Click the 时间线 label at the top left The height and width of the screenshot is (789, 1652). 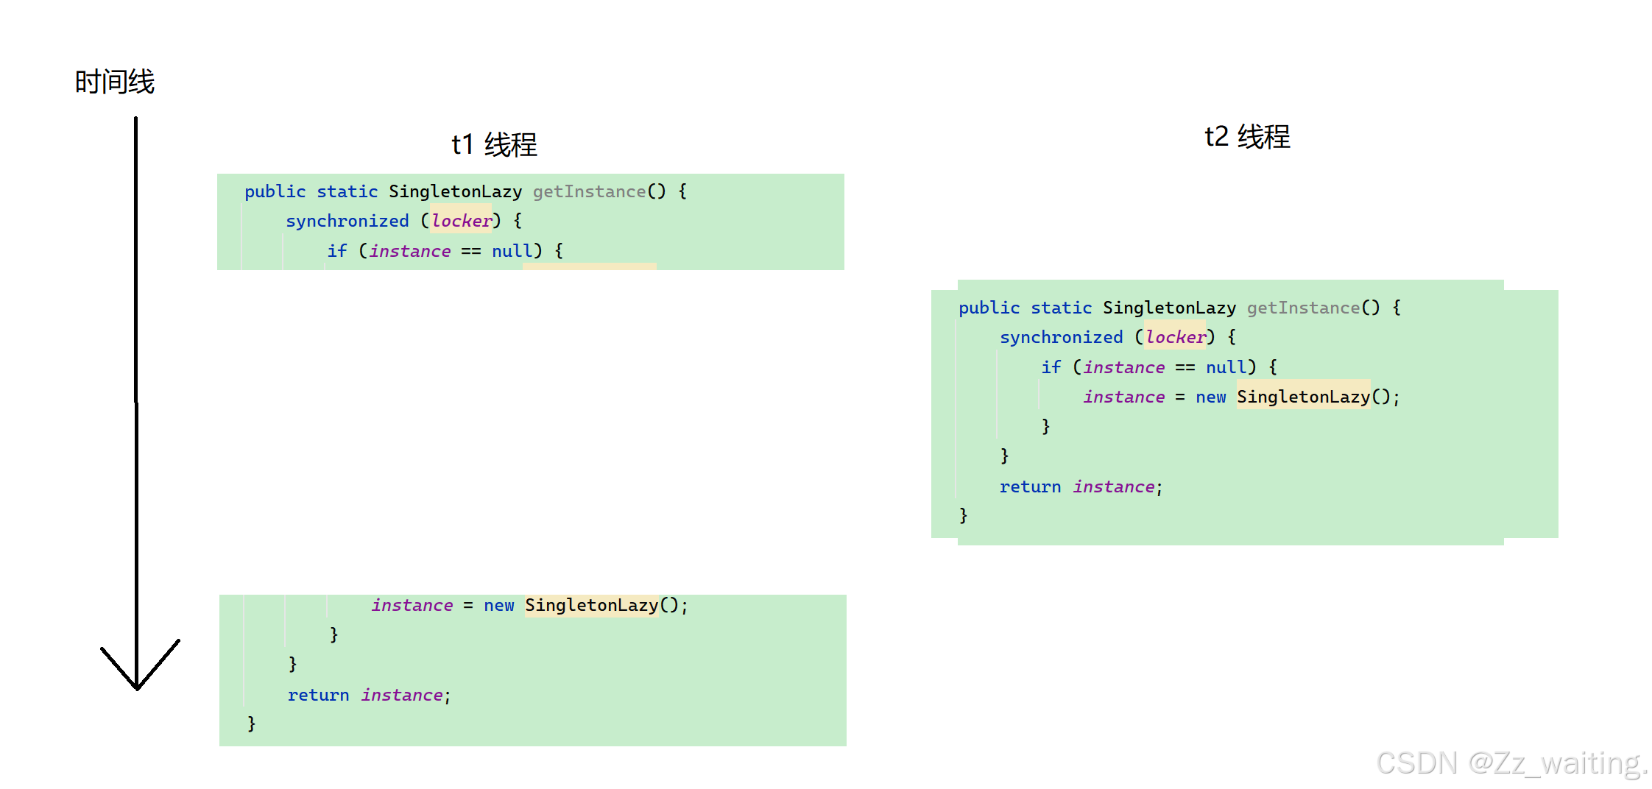pyautogui.click(x=115, y=82)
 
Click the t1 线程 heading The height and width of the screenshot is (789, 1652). pyautogui.click(x=494, y=144)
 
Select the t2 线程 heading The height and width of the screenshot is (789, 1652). pyautogui.click(x=1247, y=137)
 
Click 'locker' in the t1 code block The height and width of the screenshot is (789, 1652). pyautogui.click(x=462, y=221)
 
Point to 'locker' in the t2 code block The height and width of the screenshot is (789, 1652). pyautogui.click(x=1176, y=337)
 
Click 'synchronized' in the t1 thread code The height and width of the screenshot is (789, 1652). pyautogui.click(x=347, y=221)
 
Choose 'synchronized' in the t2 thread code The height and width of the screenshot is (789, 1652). pyautogui.click(x=1061, y=337)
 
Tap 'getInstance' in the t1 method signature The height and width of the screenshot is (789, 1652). pyautogui.click(x=589, y=191)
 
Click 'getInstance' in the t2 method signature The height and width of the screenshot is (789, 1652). pyautogui.click(x=1303, y=308)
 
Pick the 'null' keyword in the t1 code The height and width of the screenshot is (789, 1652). pyautogui.click(x=512, y=251)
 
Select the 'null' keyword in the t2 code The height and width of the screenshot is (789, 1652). pyautogui.click(x=1226, y=367)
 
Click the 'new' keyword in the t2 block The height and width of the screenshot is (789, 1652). pyautogui.click(x=1210, y=397)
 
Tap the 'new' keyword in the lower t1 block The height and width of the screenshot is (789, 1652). pyautogui.click(x=498, y=606)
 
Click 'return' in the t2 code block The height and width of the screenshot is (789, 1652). pyautogui.click(x=1030, y=487)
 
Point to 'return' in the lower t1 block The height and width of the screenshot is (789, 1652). pyautogui.click(x=318, y=695)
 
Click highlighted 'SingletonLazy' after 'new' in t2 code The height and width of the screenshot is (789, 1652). pyautogui.click(x=1303, y=397)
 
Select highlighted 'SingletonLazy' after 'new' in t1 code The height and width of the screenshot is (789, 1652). pyautogui.click(x=591, y=606)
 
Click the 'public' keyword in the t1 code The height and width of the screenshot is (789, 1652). pyautogui.click(x=275, y=191)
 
